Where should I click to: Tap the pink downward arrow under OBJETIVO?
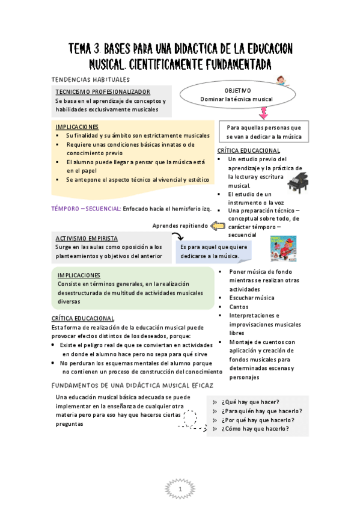click(x=263, y=112)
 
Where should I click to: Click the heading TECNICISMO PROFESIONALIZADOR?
click(x=102, y=91)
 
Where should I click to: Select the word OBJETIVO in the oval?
click(x=238, y=90)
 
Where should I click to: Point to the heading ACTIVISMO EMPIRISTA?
click(x=87, y=238)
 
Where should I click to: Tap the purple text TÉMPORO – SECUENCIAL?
click(x=86, y=209)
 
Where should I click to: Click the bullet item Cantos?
click(x=239, y=307)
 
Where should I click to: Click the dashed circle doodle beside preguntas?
click(x=190, y=417)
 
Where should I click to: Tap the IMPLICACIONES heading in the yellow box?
click(x=77, y=127)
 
